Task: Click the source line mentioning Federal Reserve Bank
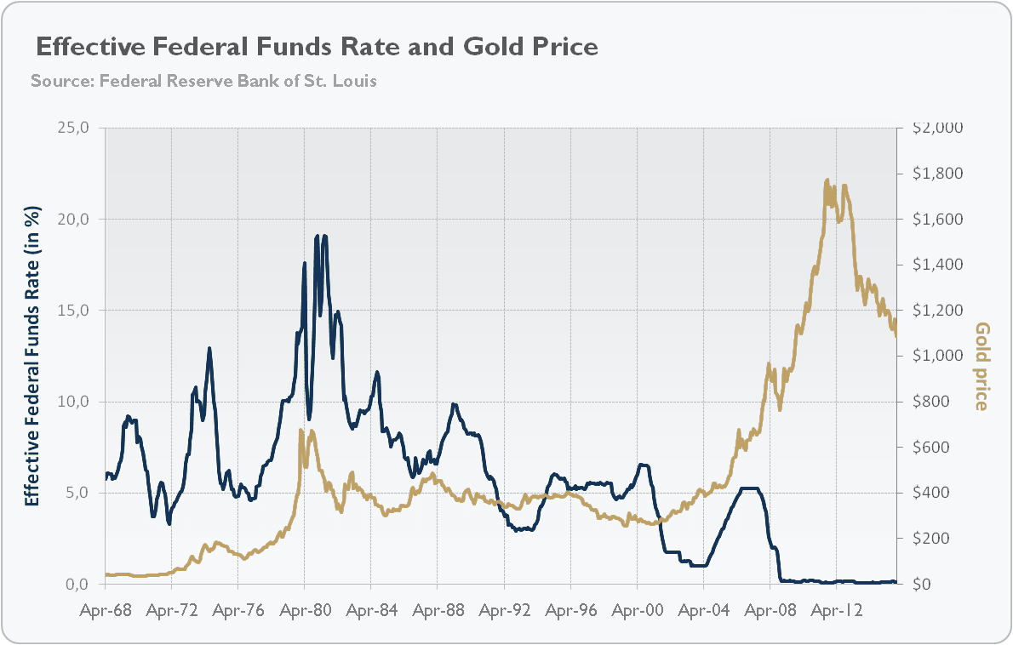point(203,82)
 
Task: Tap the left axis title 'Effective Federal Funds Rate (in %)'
point(32,356)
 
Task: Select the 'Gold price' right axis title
point(982,366)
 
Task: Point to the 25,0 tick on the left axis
point(72,128)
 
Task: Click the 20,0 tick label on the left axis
point(72,219)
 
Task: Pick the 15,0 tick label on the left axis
point(72,311)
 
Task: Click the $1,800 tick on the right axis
point(936,174)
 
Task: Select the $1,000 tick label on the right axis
point(936,356)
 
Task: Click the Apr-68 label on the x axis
point(106,610)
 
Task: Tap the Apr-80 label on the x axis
point(305,610)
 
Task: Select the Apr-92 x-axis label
point(504,610)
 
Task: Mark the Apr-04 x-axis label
point(703,610)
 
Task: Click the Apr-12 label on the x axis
point(836,610)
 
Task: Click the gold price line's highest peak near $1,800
point(827,180)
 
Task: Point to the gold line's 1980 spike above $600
point(301,431)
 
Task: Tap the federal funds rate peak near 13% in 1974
point(209,348)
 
